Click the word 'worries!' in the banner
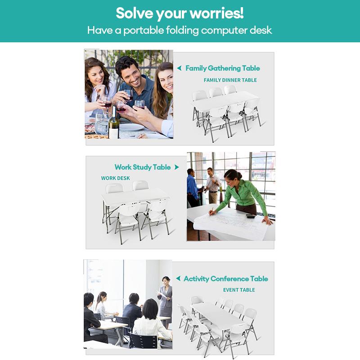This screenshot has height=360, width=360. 217,13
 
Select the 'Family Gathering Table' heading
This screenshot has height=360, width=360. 222,68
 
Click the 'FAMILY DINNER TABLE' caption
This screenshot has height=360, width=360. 230,80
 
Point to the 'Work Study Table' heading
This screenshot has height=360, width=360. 143,167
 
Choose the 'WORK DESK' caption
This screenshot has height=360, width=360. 115,178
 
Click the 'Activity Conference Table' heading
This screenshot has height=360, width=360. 226,279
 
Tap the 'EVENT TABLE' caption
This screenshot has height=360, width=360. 239,290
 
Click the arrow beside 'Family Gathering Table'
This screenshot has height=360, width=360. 179,68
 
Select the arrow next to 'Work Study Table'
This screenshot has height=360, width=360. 176,167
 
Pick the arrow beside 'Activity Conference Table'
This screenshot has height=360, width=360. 178,278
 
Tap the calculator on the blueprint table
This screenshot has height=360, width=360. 251,216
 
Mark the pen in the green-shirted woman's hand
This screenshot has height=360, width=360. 211,211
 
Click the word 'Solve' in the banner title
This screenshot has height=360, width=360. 134,13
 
